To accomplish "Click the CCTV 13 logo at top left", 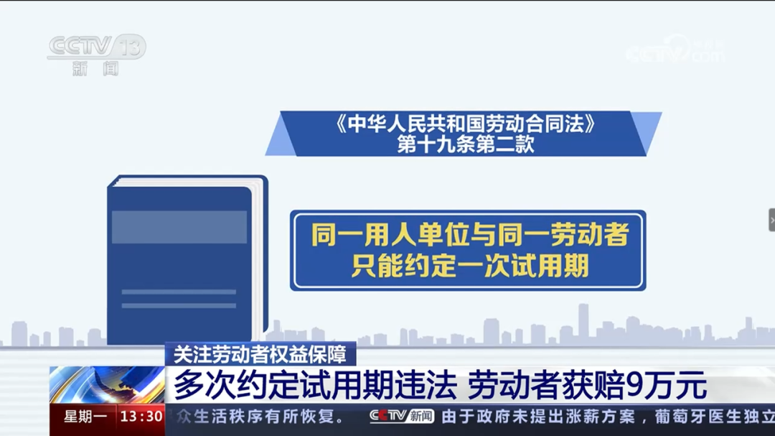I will pos(96,47).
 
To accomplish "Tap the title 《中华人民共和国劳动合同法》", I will pos(466,124).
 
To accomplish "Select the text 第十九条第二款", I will pos(466,144).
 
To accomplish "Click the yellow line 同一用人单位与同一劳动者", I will pos(470,235).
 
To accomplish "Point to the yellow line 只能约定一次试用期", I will pos(470,266).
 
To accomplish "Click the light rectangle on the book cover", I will pos(179,227).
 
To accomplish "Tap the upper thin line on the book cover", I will pos(179,292).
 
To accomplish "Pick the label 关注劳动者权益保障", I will pos(260,353).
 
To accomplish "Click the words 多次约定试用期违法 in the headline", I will pos(316,386).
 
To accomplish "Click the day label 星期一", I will pos(85,417).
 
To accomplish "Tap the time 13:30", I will pos(141,417).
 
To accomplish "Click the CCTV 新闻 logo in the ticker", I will pos(402,416).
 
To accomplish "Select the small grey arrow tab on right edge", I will pos(771,220).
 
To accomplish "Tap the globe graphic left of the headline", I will pos(108,385).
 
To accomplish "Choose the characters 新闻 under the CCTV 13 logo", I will pos(95,70).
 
